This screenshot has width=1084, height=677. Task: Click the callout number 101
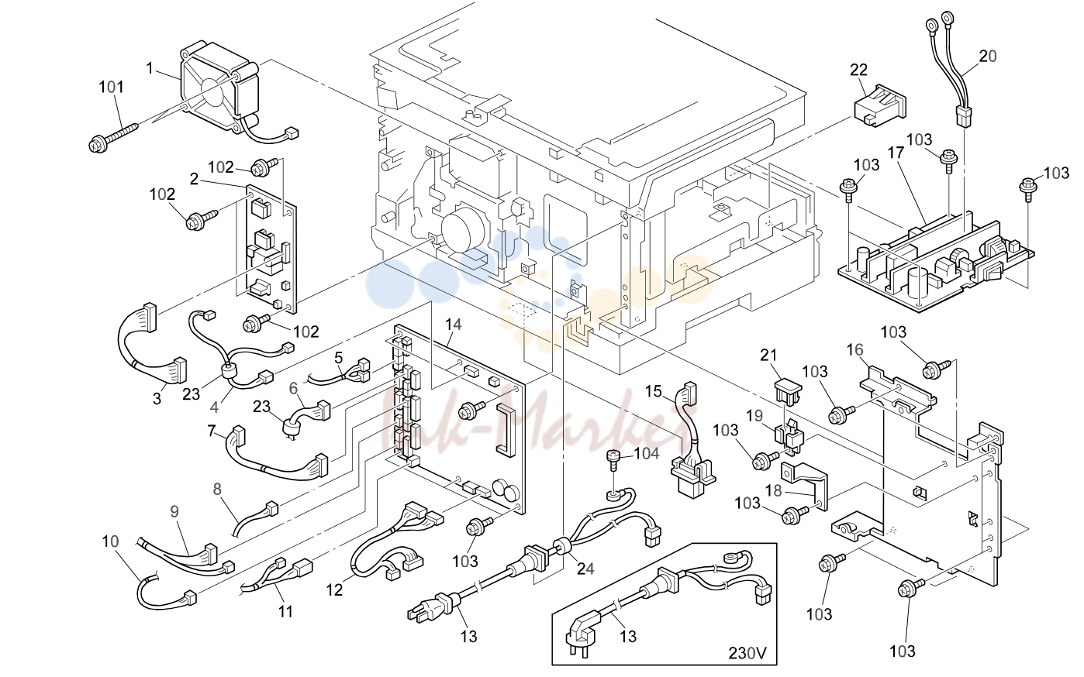[x=112, y=88]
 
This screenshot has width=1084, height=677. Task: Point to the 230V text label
[x=747, y=654]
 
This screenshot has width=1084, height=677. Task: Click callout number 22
[x=859, y=70]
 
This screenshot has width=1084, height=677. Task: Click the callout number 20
[x=988, y=57]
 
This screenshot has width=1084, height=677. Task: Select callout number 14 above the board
[x=453, y=325]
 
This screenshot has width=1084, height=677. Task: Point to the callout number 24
[x=585, y=569]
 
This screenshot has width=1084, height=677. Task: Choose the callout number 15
[x=654, y=390]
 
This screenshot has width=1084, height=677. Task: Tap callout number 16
[x=855, y=349]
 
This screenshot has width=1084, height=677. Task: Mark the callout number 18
[x=774, y=491]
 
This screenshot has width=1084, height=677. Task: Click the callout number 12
[x=334, y=590]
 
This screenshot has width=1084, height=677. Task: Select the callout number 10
[x=110, y=541]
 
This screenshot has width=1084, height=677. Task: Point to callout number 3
[x=157, y=399]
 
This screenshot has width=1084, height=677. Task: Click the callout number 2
[x=194, y=180]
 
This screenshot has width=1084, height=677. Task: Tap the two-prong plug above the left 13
[x=433, y=608]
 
